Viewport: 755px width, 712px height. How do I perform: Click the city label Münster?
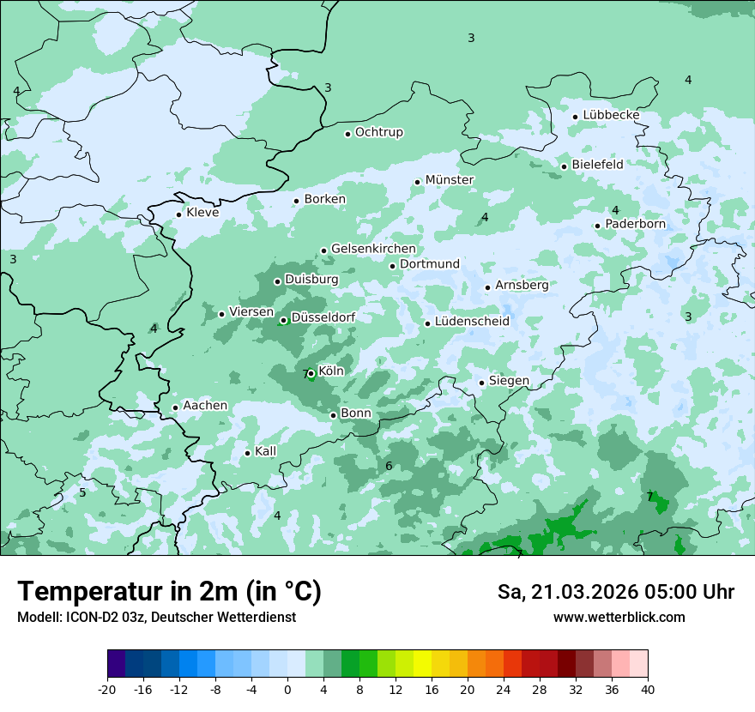(450, 180)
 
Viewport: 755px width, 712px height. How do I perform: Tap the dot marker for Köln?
(311, 373)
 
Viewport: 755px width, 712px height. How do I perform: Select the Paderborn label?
(635, 224)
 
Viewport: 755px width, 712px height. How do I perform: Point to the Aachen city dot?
(175, 408)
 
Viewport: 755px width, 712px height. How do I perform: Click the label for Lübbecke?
(611, 115)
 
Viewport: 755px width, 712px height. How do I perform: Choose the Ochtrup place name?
(378, 132)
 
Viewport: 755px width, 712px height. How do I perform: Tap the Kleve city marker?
(178, 214)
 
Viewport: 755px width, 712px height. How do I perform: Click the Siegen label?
(509, 381)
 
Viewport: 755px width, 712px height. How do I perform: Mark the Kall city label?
(266, 452)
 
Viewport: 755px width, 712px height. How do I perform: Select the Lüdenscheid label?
(472, 322)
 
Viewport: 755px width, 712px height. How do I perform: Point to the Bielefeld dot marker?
(564, 166)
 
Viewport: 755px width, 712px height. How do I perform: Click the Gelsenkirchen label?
(373, 249)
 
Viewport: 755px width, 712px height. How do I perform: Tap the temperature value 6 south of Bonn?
(389, 466)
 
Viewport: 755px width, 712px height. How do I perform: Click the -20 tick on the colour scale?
(107, 689)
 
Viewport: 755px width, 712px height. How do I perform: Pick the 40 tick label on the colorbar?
(648, 689)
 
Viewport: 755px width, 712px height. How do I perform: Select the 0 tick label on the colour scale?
(287, 689)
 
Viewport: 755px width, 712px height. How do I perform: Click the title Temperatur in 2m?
(169, 591)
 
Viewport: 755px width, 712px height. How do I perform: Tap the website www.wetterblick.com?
(619, 617)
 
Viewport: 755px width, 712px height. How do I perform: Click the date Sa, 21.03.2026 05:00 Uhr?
(615, 592)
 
